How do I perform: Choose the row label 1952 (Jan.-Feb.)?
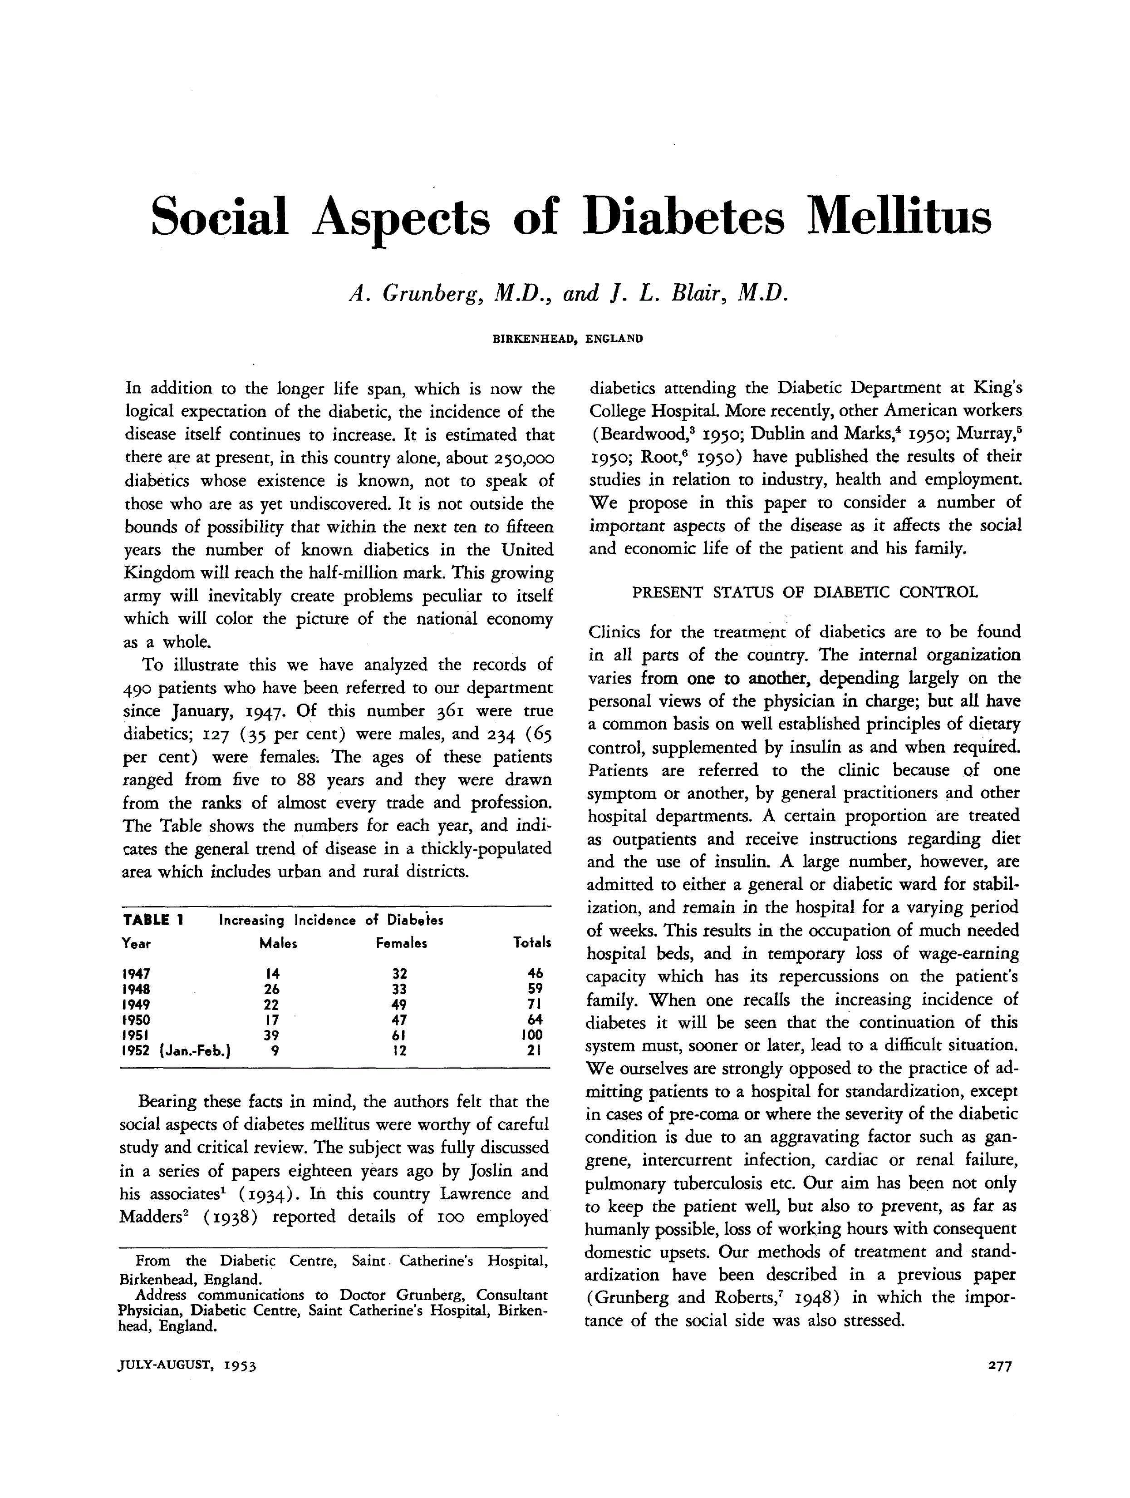point(176,1051)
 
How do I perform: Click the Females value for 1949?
point(400,1004)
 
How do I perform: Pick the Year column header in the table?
point(136,943)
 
